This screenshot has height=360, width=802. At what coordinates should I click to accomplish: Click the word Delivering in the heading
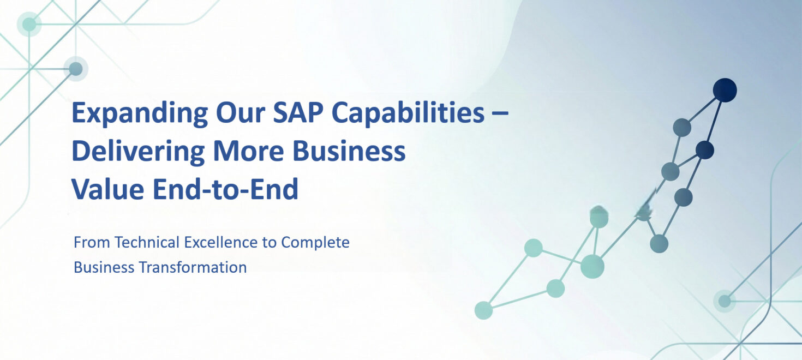pos(138,152)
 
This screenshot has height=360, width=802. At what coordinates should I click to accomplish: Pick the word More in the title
pos(248,151)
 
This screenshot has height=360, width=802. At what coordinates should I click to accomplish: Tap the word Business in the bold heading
pos(349,151)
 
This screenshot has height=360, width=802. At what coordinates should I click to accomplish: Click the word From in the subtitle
pos(92,242)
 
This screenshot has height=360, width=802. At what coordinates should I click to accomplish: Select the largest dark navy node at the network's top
pos(725,90)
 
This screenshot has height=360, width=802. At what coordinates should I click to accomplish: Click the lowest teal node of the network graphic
pos(483,310)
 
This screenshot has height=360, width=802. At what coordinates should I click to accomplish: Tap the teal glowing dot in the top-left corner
pos(29,25)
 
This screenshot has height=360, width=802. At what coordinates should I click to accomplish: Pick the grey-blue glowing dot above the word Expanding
pos(75,69)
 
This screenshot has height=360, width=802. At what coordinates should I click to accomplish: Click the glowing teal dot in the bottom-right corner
pos(725,301)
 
